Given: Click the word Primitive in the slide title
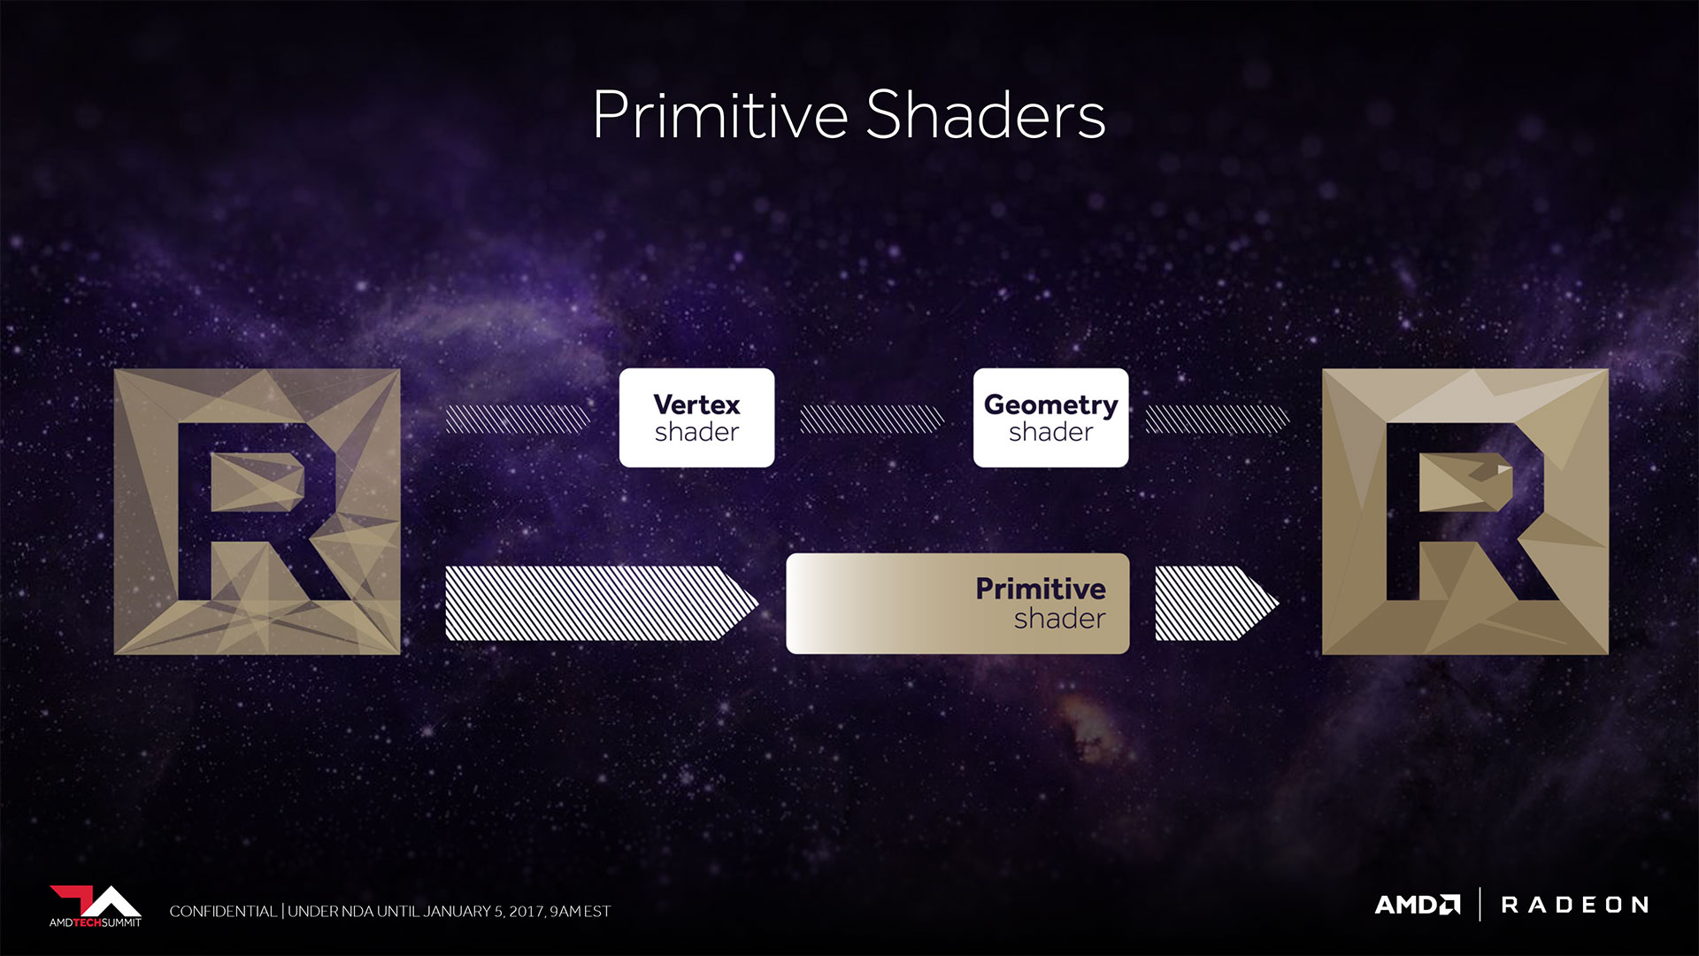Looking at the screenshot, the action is click(x=720, y=115).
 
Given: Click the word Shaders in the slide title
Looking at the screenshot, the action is click(x=986, y=115).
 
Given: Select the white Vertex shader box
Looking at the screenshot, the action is click(x=696, y=418).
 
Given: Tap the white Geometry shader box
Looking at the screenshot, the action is click(x=1050, y=418).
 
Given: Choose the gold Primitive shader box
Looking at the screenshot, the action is click(x=957, y=604).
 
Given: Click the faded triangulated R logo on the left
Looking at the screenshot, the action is click(x=258, y=512).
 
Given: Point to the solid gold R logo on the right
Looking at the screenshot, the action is click(x=1465, y=512).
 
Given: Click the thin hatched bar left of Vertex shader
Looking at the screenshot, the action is click(x=518, y=419).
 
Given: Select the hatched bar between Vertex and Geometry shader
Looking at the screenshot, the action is click(x=873, y=419).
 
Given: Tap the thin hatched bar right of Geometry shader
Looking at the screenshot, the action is click(x=1218, y=419).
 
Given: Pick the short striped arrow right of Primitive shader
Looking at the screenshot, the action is click(x=1217, y=603).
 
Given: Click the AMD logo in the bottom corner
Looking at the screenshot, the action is click(x=1418, y=905).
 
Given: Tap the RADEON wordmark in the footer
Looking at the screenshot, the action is click(x=1575, y=905).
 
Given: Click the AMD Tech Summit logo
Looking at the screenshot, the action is click(x=96, y=906).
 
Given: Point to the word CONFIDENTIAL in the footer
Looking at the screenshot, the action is click(x=223, y=911).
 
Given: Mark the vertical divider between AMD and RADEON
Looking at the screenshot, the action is click(x=1480, y=905).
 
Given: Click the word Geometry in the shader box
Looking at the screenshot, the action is click(x=1050, y=405).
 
